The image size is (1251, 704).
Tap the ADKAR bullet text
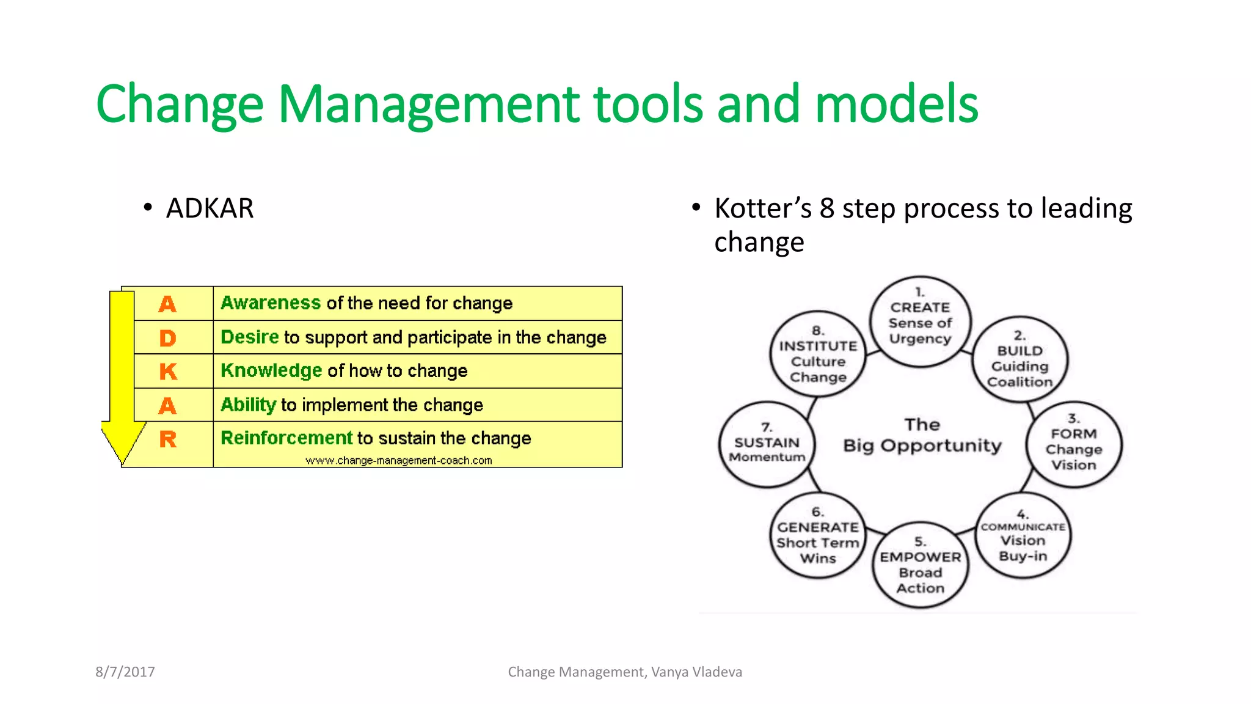pyautogui.click(x=210, y=208)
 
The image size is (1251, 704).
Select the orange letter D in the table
pyautogui.click(x=167, y=338)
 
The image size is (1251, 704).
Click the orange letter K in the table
pyautogui.click(x=168, y=372)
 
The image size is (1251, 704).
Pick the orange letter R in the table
pyautogui.click(x=168, y=439)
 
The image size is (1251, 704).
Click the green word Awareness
pyautogui.click(x=270, y=303)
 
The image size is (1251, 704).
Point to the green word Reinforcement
pyautogui.click(x=286, y=438)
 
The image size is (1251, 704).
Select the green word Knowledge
pyautogui.click(x=271, y=370)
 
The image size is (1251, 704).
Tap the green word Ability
pyautogui.click(x=248, y=405)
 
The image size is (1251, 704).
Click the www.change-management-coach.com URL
pyautogui.click(x=398, y=461)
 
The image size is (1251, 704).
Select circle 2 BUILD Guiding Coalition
pyautogui.click(x=1019, y=359)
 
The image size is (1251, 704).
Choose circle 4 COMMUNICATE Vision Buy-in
pyautogui.click(x=1023, y=536)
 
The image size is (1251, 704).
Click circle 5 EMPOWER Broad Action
pyautogui.click(x=920, y=565)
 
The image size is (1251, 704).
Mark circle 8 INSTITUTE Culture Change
pyautogui.click(x=818, y=354)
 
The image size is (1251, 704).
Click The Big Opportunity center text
pyautogui.click(x=922, y=436)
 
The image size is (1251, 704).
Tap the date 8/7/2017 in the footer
pyautogui.click(x=125, y=672)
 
